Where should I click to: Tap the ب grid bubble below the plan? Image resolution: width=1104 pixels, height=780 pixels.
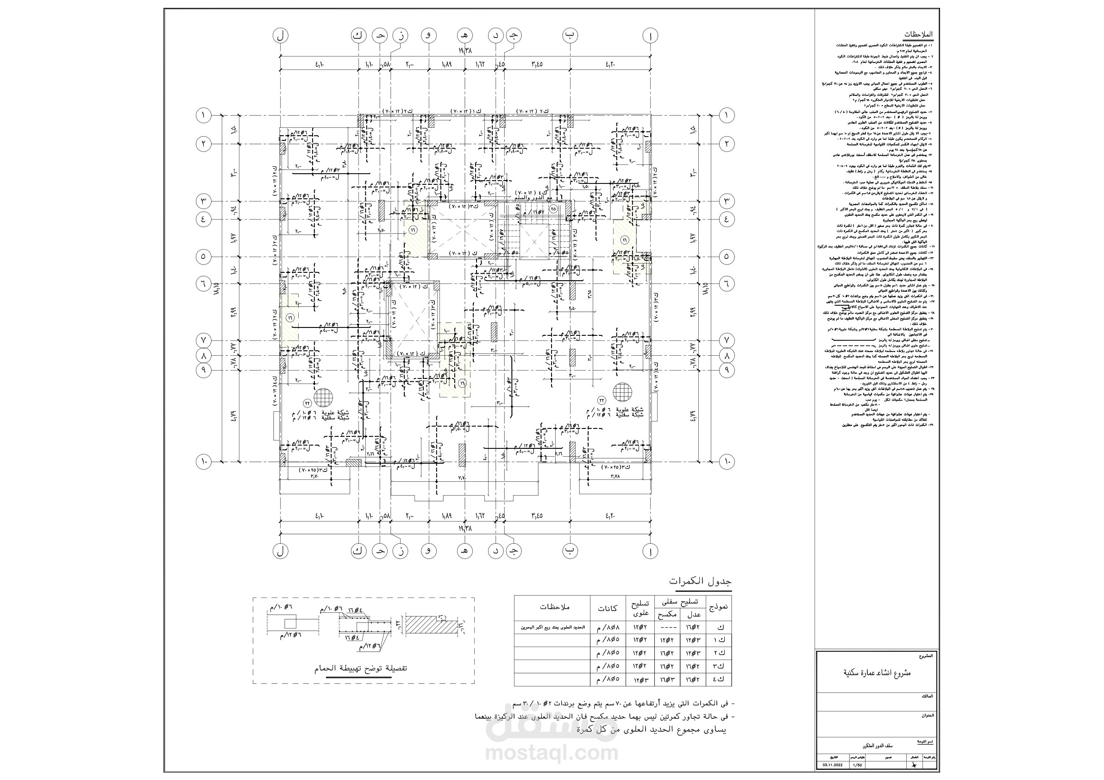point(570,551)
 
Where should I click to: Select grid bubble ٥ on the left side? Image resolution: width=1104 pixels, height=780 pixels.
point(203,256)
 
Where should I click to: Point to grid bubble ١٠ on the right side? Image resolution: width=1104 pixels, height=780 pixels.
point(726,462)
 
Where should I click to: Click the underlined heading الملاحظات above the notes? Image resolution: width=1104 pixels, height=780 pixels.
point(918,35)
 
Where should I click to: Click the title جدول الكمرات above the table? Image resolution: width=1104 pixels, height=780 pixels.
point(700,581)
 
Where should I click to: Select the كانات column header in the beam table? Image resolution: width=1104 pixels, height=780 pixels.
point(607,608)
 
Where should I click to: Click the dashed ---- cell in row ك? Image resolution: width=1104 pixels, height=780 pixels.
point(666,627)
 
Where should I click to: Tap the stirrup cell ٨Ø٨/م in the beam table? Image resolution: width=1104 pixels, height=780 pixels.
point(607,627)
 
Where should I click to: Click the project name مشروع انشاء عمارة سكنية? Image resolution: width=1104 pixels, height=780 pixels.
point(878,673)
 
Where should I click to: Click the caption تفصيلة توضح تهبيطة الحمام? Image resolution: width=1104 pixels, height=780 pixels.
point(361,668)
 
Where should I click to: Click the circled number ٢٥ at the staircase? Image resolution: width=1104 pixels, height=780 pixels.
point(553,209)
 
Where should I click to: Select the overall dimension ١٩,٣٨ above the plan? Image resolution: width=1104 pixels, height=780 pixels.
point(465,50)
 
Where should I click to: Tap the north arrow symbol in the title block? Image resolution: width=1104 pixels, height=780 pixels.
point(913,765)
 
